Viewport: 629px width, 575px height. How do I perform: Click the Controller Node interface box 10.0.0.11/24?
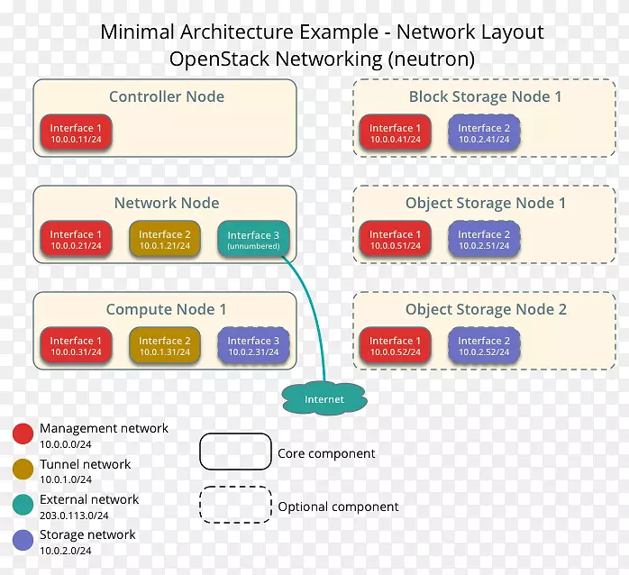(x=76, y=133)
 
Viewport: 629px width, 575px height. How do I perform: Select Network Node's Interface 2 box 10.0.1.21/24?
(x=165, y=240)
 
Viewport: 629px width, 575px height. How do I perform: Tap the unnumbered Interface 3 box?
(x=253, y=240)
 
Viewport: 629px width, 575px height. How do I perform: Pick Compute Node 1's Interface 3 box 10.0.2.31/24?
(x=253, y=346)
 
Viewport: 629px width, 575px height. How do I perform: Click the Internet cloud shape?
(x=324, y=397)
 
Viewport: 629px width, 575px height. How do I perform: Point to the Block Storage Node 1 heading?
(x=485, y=96)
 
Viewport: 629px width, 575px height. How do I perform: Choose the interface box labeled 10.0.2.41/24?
(x=484, y=133)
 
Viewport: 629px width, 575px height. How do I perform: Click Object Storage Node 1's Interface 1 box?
(x=396, y=240)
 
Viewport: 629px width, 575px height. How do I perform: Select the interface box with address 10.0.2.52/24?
(x=484, y=346)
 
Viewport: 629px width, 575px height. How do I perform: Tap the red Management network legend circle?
(x=23, y=434)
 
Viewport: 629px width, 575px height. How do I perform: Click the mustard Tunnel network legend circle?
(x=23, y=470)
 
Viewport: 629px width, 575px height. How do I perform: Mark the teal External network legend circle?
(x=23, y=505)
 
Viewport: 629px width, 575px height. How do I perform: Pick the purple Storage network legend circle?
(x=23, y=540)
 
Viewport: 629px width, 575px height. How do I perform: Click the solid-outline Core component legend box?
(x=235, y=452)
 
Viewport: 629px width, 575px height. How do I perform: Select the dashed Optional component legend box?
(x=235, y=505)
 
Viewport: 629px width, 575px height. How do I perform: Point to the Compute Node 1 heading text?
(x=166, y=309)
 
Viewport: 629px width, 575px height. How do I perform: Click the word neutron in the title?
(x=432, y=59)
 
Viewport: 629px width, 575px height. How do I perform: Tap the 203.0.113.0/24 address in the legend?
(x=74, y=516)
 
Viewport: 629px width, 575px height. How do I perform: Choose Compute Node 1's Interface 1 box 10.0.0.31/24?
(x=76, y=346)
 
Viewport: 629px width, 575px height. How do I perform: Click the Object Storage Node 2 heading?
(x=485, y=309)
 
